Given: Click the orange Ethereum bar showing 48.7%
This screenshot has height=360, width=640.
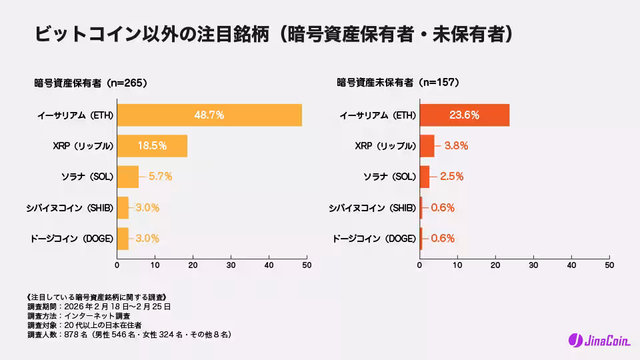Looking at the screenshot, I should [x=209, y=115].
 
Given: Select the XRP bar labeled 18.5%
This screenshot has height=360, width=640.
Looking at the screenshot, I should [x=152, y=145].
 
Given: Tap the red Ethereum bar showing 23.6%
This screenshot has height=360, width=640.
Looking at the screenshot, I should [x=464, y=115].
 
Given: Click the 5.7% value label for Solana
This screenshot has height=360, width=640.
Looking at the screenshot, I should [x=161, y=177].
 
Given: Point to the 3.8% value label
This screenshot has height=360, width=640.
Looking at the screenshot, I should [x=457, y=145].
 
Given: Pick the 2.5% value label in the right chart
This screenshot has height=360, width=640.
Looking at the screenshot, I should [x=451, y=177].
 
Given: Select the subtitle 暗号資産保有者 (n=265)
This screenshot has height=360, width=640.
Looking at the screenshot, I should [x=91, y=83].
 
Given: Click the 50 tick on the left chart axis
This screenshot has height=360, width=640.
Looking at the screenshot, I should [x=307, y=265].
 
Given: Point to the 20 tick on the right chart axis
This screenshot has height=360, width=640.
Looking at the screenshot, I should [x=495, y=265].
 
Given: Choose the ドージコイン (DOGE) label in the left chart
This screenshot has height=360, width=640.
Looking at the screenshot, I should [x=72, y=238].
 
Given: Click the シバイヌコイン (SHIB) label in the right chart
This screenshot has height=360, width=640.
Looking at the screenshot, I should [x=372, y=207].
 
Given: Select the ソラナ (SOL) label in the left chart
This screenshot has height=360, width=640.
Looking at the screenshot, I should [x=87, y=177].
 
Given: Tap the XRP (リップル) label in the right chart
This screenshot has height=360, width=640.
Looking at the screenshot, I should [x=385, y=145].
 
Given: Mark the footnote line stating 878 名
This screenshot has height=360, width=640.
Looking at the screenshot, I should [x=129, y=334].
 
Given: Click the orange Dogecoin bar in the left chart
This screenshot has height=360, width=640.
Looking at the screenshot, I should [x=123, y=238].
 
